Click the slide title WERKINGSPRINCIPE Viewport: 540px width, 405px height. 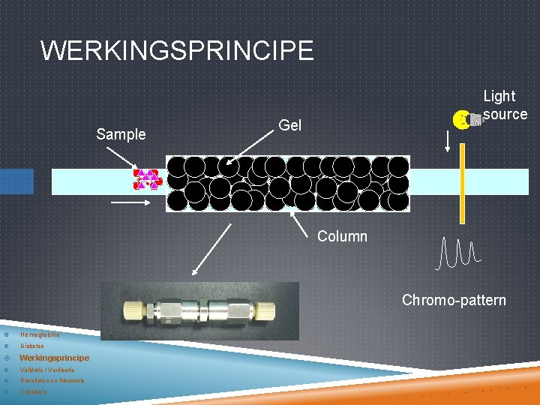pyautogui.click(x=177, y=51)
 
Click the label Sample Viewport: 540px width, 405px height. pyautogui.click(x=121, y=135)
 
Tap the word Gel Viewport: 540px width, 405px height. pyautogui.click(x=289, y=125)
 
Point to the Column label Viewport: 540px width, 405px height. pyautogui.click(x=342, y=236)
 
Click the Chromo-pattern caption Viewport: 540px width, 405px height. pyautogui.click(x=454, y=300)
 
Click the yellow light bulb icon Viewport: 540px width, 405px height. pyautogui.click(x=462, y=118)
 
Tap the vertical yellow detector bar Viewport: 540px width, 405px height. pyautogui.click(x=462, y=183)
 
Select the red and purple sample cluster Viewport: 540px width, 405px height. pyautogui.click(x=146, y=179)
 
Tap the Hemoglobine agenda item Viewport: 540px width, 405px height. pyautogui.click(x=40, y=334)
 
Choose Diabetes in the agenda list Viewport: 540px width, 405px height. pyautogui.click(x=32, y=346)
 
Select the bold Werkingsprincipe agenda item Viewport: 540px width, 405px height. pyautogui.click(x=54, y=358)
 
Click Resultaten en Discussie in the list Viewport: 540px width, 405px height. pyautogui.click(x=52, y=380)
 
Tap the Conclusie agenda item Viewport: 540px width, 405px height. pyautogui.click(x=34, y=391)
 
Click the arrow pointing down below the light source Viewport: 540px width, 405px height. pyautogui.click(x=448, y=141)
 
